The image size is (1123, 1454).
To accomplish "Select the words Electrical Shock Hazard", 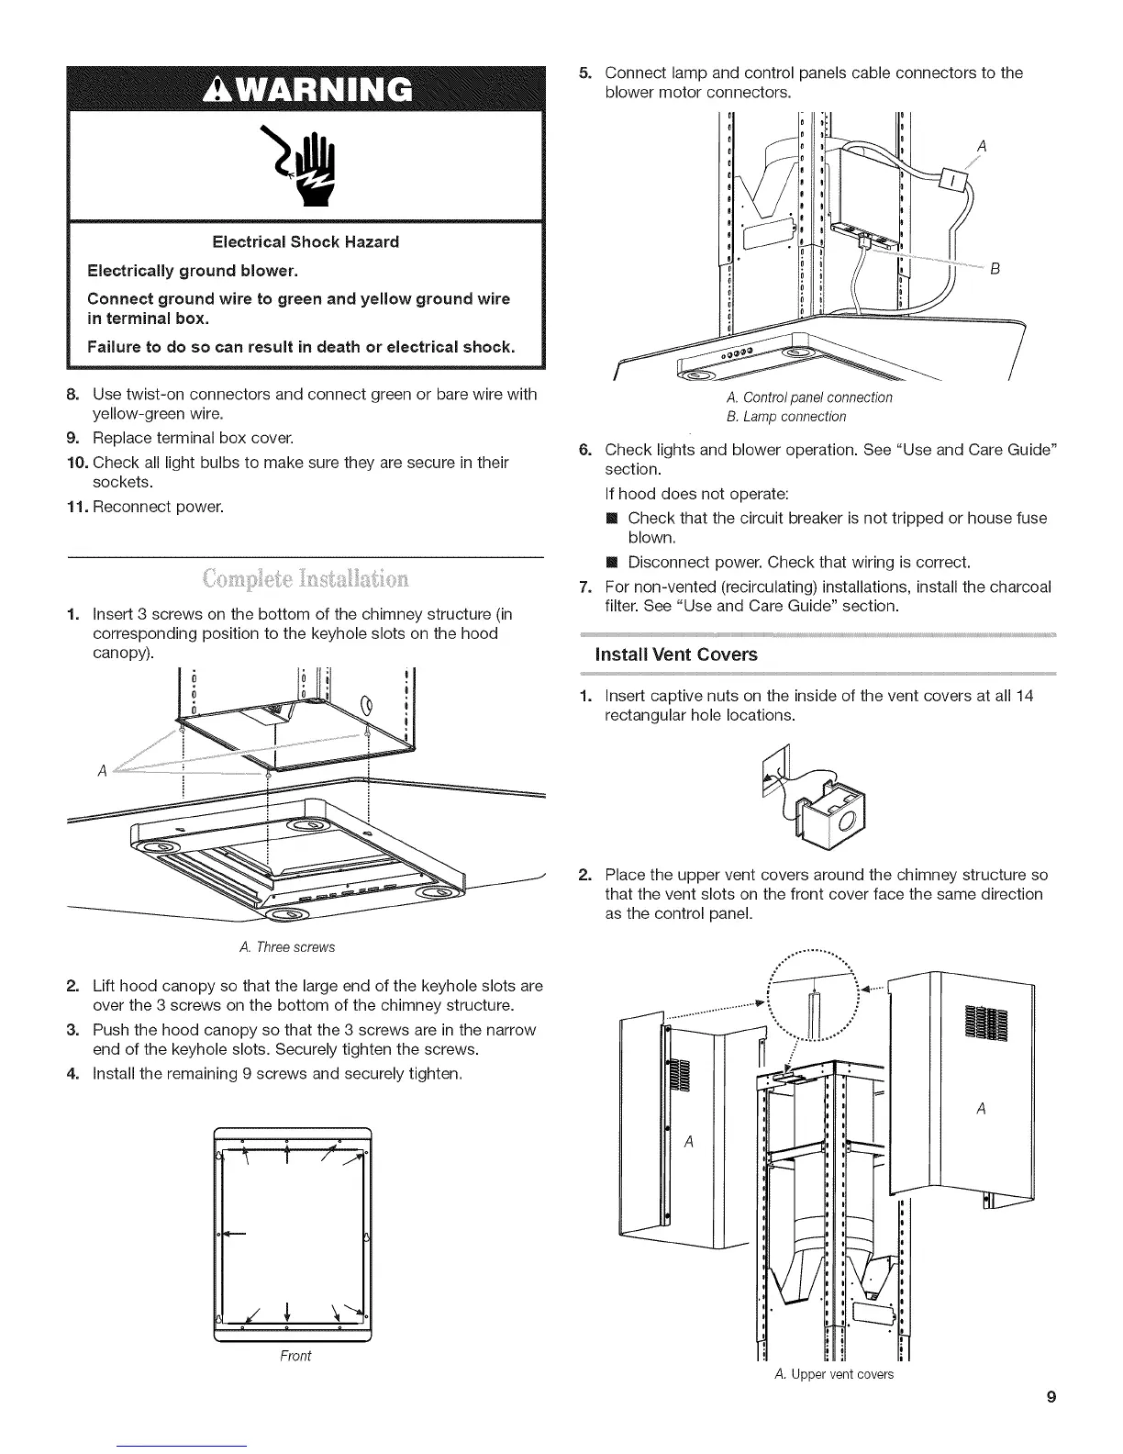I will pyautogui.click(x=306, y=242).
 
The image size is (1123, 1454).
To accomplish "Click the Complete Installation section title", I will pyautogui.click(x=306, y=580).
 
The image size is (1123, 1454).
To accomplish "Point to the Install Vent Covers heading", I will pyautogui.click(x=676, y=654).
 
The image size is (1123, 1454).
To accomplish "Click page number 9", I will pyautogui.click(x=1049, y=1398).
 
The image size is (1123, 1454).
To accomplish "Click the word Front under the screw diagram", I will pyautogui.click(x=295, y=1355).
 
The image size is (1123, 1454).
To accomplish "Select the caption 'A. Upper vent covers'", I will pyautogui.click(x=834, y=1374).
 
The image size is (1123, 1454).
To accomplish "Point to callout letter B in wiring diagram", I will pyautogui.click(x=995, y=269).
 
